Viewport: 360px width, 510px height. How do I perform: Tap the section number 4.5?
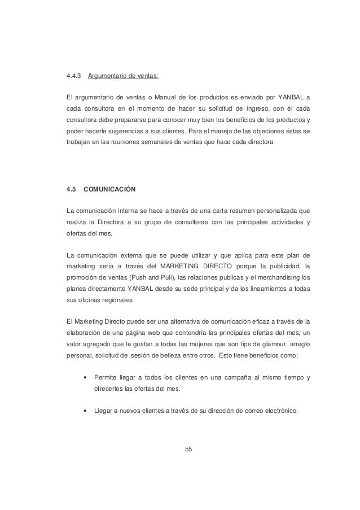(72, 188)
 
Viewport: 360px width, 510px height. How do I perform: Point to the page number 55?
(188, 450)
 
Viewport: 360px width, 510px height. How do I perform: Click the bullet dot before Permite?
(85, 377)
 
